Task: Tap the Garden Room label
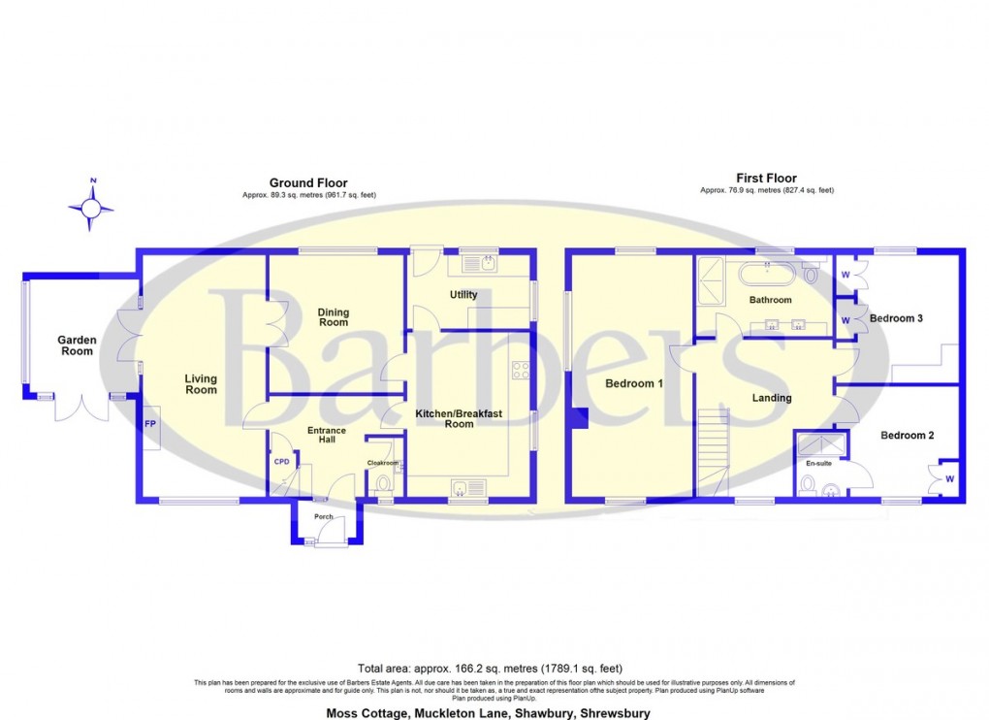point(77,345)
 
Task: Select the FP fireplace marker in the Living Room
point(151,424)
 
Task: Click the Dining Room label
point(332,317)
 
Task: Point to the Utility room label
point(463,294)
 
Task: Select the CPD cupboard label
point(281,462)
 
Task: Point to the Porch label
point(323,517)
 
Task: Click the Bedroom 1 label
point(634,383)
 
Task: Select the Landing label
point(772,398)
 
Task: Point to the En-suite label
point(819,464)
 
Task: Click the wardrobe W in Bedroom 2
point(948,478)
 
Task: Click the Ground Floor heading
point(308,182)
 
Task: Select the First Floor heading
point(766,178)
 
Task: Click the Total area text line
point(490,669)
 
